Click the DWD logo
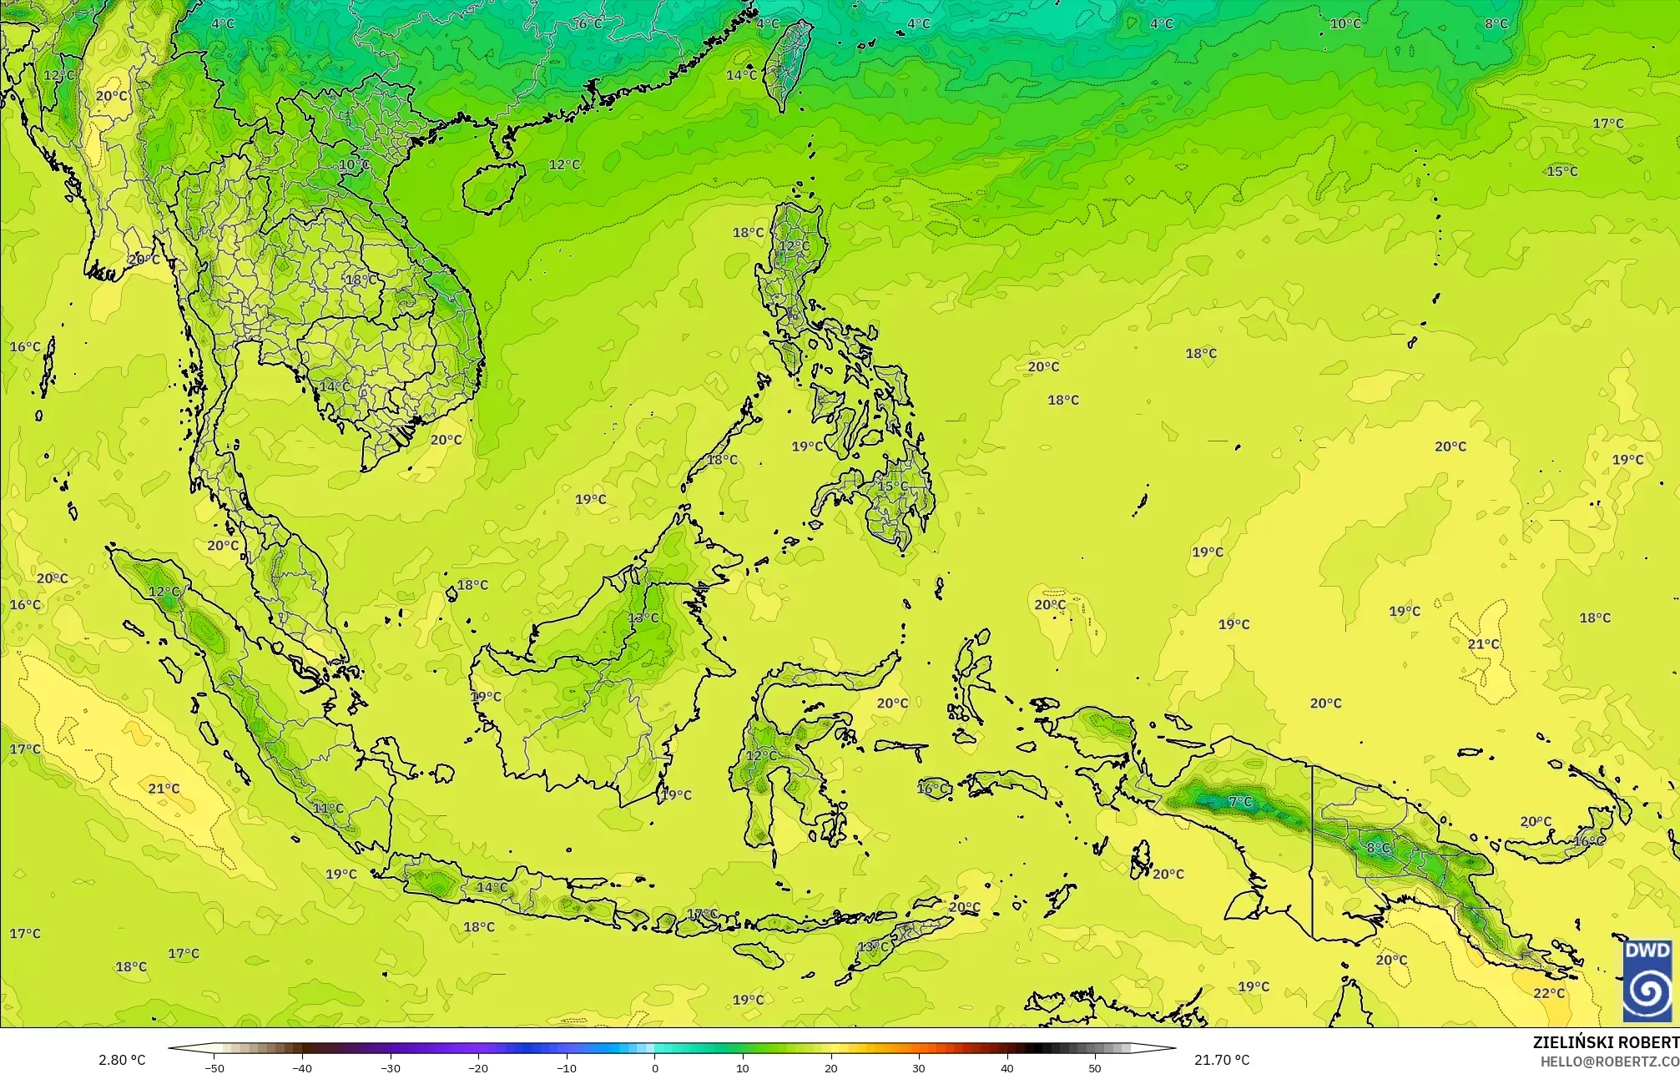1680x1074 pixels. point(1647,981)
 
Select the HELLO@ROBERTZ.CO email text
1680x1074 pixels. point(1609,1061)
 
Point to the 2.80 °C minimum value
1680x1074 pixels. point(122,1060)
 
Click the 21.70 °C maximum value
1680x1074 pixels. point(1222,1060)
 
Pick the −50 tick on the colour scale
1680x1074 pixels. point(214,1067)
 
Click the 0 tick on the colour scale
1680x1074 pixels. point(655,1067)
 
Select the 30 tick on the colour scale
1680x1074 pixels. point(919,1067)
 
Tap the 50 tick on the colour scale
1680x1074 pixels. point(1095,1067)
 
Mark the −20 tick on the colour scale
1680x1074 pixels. point(478,1067)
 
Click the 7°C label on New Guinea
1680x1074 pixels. point(1241,802)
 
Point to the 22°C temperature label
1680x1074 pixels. point(1549,993)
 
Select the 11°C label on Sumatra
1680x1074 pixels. point(328,808)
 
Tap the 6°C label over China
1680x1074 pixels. point(589,23)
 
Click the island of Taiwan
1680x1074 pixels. point(787,65)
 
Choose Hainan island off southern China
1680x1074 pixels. point(492,185)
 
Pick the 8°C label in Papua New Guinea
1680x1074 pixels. point(1379,848)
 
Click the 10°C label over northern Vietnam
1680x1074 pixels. point(354,164)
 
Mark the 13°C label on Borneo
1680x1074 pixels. point(643,618)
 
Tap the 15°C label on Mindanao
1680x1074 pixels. point(892,486)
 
